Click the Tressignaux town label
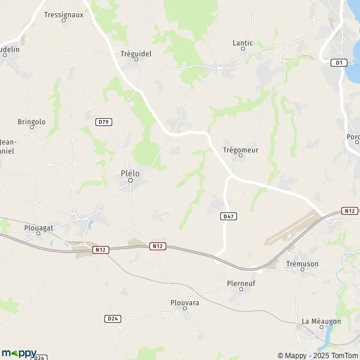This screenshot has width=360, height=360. [64, 15]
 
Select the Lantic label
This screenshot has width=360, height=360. [243, 43]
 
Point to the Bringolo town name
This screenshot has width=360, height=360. [31, 122]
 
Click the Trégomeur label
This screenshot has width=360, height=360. [240, 150]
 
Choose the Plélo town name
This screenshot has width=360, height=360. [130, 173]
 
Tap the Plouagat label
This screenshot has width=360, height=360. [40, 228]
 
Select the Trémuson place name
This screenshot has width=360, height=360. [302, 264]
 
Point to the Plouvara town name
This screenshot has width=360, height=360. [181, 303]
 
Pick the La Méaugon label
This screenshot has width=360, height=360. [321, 322]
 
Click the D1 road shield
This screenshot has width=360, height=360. [340, 62]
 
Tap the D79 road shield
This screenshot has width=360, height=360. [103, 122]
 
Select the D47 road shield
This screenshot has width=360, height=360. [227, 216]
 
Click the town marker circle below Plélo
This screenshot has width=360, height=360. [131, 181]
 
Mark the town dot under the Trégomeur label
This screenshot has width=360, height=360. [241, 157]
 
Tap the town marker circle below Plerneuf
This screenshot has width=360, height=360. [241, 290]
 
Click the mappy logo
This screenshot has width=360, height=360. [19, 353]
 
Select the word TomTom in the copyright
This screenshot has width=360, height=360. [344, 355]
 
